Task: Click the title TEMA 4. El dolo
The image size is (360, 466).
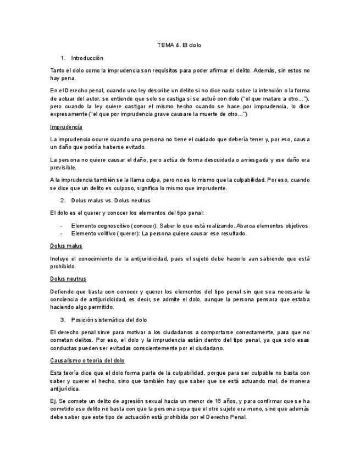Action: (180, 45)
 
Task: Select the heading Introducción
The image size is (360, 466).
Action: (87, 58)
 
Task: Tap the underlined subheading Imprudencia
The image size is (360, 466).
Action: (66, 127)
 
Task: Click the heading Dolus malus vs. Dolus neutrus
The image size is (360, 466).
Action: (110, 201)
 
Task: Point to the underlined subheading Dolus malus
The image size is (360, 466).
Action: (66, 246)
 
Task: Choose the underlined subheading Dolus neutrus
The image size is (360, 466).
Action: (68, 279)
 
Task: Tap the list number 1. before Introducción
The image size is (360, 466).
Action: (63, 58)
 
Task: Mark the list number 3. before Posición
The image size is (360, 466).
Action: (63, 319)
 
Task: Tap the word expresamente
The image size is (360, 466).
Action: (69, 114)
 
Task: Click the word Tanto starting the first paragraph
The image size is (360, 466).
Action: (57, 70)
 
